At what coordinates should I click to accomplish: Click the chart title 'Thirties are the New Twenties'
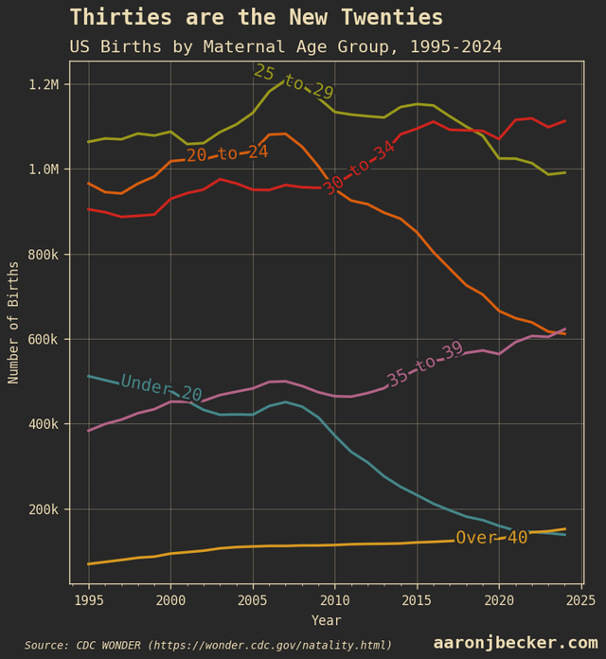256,18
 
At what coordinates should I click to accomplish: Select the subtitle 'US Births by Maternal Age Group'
285,47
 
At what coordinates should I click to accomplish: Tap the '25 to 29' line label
293,82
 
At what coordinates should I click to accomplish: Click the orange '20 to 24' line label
227,153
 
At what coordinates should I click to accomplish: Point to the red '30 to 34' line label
359,168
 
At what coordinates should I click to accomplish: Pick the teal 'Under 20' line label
161,388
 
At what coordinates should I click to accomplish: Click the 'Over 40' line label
491,538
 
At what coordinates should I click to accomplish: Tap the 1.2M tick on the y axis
43,84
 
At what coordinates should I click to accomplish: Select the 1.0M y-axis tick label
43,169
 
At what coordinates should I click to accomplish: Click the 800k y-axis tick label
43,255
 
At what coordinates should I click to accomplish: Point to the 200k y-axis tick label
43,509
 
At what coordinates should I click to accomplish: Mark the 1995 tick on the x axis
89,600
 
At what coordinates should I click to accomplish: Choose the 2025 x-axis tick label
580,600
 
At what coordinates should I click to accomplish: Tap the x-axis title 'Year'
326,620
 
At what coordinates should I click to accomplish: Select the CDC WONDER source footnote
208,645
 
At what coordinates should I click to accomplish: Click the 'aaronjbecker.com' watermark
515,643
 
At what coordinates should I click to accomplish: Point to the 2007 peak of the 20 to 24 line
285,134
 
